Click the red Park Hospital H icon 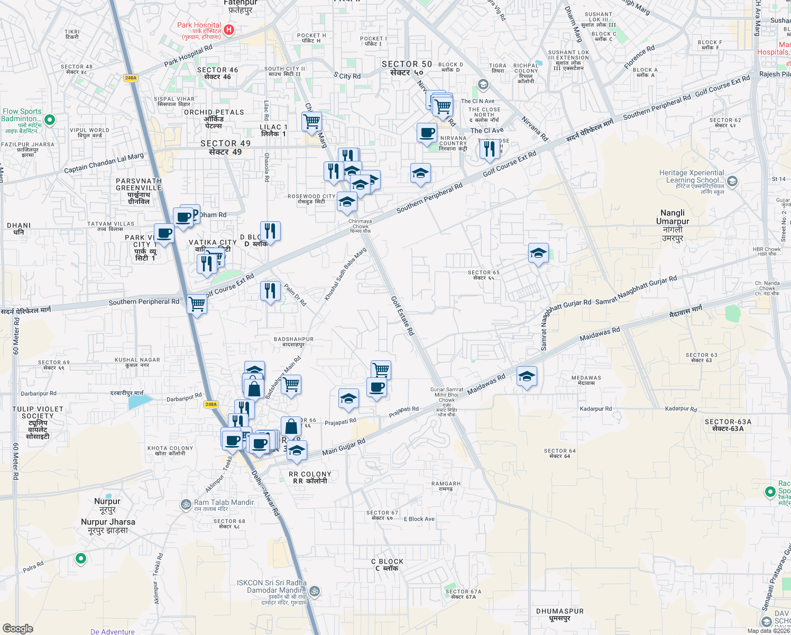tap(229, 30)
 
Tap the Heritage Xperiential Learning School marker tap(732, 182)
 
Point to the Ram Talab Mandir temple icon tap(186, 504)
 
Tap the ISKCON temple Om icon tap(314, 590)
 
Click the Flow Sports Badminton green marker tap(50, 120)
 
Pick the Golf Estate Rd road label tap(402, 315)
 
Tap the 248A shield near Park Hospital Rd tap(131, 78)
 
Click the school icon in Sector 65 tap(538, 253)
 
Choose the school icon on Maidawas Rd tap(527, 377)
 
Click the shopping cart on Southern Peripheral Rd tap(197, 304)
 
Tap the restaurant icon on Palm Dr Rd tap(270, 291)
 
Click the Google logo tap(18, 629)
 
